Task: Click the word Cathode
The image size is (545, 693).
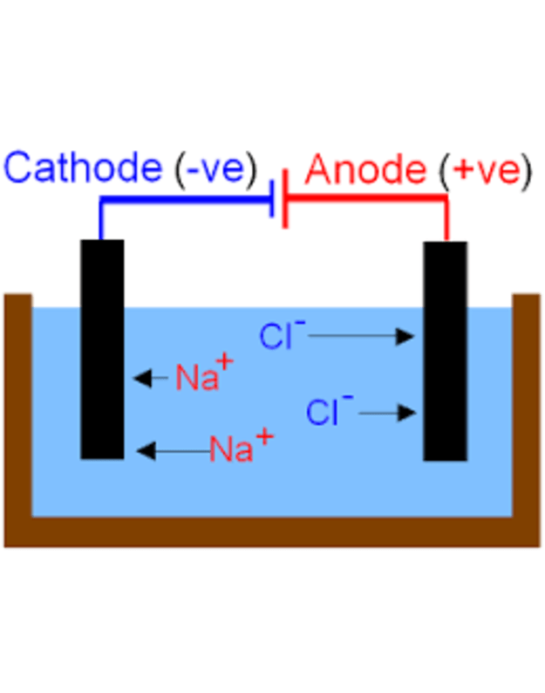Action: [83, 168]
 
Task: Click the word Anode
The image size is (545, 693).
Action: [365, 169]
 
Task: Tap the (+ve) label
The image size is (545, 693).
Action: [485, 170]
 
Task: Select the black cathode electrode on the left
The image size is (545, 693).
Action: [102, 349]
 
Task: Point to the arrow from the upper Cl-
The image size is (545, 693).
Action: [359, 336]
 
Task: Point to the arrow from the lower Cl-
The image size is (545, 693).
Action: [388, 412]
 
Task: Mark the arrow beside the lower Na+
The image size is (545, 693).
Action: [172, 450]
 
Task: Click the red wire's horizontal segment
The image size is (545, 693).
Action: [366, 200]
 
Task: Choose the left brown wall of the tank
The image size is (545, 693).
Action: [17, 410]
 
